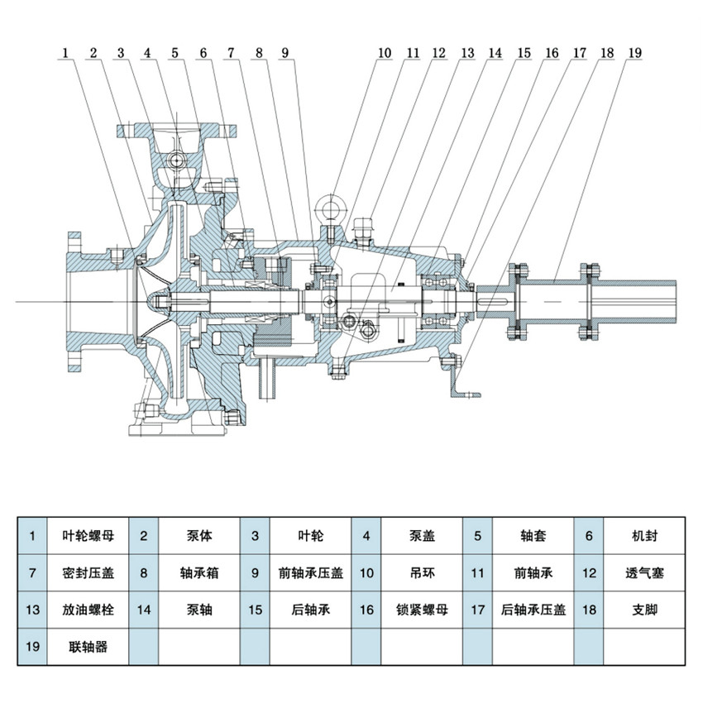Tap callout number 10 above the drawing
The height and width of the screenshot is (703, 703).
click(384, 53)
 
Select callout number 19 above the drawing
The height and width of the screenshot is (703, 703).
click(634, 53)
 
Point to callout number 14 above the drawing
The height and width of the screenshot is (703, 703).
click(494, 53)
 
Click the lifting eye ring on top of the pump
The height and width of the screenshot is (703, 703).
click(331, 204)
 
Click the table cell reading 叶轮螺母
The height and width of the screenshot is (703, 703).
click(88, 536)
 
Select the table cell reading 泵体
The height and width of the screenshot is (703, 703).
click(199, 536)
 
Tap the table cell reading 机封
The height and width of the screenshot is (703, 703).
click(644, 536)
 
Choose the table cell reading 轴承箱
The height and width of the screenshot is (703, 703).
click(199, 572)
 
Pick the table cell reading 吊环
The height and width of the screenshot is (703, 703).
click(422, 572)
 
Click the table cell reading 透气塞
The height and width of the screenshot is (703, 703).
click(644, 572)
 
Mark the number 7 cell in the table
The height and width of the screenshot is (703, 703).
click(32, 572)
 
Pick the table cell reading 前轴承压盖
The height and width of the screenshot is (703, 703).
click(310, 572)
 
